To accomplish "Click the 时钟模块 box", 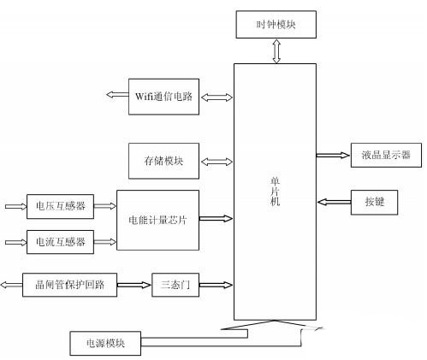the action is pos(276,25).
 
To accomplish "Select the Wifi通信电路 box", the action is pos(163,97).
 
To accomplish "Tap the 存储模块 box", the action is pos(163,161).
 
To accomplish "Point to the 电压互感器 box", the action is pos(60,206).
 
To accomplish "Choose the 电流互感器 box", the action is pos(60,242).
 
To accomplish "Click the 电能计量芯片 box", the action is pos(157,220).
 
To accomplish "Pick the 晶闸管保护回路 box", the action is pos(69,285).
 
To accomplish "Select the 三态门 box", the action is pos(175,285).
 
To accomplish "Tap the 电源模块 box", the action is pos(105,343).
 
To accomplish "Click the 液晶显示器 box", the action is pos(386,155).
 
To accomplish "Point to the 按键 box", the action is pos(374,203).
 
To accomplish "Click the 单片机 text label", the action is pos(275,192).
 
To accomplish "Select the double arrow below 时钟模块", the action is pos(276,51).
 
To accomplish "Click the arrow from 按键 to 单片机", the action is pos(334,202).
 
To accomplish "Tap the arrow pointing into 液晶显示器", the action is pos(333,156).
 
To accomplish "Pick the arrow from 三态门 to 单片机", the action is pos(216,285).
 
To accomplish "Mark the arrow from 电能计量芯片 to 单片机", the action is pos(216,219).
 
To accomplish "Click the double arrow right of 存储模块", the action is pos(216,162).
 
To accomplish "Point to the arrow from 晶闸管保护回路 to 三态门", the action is pos(133,285).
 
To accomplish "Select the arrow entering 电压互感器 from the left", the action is pos(16,206).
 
